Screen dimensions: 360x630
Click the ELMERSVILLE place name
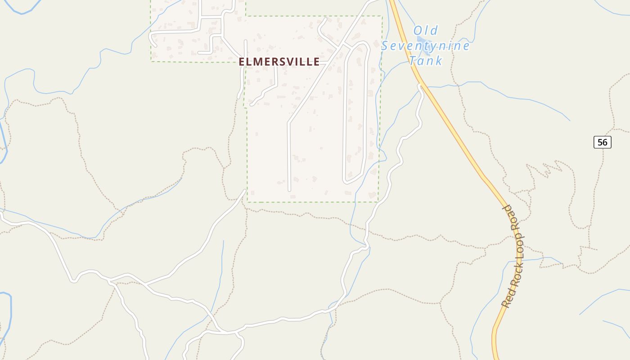[x=279, y=62]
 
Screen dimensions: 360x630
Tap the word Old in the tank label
[x=425, y=31]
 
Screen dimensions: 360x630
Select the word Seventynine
[x=426, y=45]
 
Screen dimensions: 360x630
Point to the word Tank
[x=426, y=60]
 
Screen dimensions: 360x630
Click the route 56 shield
[x=602, y=142]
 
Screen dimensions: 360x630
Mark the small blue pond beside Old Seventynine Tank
[x=421, y=46]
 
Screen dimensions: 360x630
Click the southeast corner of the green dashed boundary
[x=378, y=202]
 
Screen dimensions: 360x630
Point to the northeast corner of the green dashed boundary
[x=382, y=17]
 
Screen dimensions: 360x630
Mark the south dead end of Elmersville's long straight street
[x=289, y=190]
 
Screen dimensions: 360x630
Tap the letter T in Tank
[x=414, y=60]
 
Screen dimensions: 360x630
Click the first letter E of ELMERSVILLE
[x=242, y=62]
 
